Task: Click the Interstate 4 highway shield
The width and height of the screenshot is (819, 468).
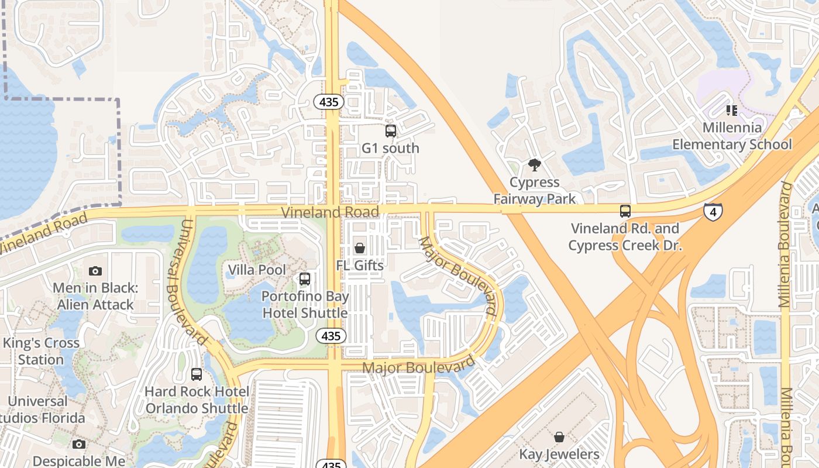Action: pyautogui.click(x=713, y=212)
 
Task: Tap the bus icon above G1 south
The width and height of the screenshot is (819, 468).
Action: pyautogui.click(x=391, y=131)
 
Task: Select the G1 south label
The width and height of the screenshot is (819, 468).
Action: pyautogui.click(x=390, y=148)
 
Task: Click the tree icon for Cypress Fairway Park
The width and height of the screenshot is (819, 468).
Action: pyautogui.click(x=534, y=165)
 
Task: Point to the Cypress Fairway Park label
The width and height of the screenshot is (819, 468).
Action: pyautogui.click(x=534, y=191)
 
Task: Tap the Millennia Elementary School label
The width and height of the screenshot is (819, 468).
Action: pyautogui.click(x=732, y=136)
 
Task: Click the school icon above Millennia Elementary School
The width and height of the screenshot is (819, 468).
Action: pyautogui.click(x=731, y=110)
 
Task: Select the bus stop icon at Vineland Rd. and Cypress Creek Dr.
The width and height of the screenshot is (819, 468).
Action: pyautogui.click(x=625, y=211)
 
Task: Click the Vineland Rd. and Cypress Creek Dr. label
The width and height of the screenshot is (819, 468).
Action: pyautogui.click(x=625, y=237)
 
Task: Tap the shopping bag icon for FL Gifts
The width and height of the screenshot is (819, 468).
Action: pyautogui.click(x=360, y=248)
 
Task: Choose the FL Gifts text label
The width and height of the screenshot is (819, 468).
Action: pyautogui.click(x=360, y=266)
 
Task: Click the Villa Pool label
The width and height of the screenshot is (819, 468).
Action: pyautogui.click(x=257, y=270)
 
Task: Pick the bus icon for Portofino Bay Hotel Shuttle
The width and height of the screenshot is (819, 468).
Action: pyautogui.click(x=304, y=278)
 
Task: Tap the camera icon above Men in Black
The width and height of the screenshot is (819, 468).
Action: pyautogui.click(x=95, y=271)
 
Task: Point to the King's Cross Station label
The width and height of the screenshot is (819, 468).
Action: pyautogui.click(x=41, y=351)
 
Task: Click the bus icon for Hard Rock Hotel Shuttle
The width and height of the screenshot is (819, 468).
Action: pyautogui.click(x=197, y=374)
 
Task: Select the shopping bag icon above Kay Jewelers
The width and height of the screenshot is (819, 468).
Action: pyautogui.click(x=559, y=437)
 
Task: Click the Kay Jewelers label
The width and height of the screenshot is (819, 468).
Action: pyautogui.click(x=559, y=454)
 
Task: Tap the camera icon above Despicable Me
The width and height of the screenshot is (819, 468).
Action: pyautogui.click(x=79, y=445)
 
